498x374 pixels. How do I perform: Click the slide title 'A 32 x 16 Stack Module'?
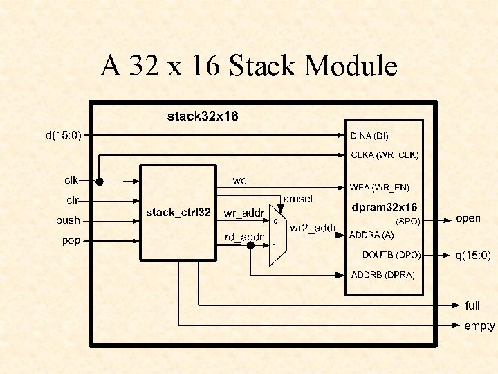pos(249,66)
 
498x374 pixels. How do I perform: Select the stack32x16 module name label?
pos(203,116)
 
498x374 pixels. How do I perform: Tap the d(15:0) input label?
pos(64,135)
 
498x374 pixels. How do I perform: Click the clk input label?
pos(71,181)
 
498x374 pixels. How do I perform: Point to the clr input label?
pos(72,201)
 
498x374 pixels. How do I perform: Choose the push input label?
pos(68,221)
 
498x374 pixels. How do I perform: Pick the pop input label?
pos(71,241)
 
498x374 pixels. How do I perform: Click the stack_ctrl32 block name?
pos(178,213)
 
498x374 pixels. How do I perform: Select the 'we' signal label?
pos(239,181)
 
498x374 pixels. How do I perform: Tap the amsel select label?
pos(297,199)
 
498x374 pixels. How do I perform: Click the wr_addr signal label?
pos(244,213)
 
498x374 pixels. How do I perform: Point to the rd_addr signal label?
pos(244,238)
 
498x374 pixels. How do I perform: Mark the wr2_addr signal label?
pos(313,228)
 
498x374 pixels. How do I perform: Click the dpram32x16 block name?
pos(385,207)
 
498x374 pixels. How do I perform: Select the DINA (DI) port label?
pos(374,136)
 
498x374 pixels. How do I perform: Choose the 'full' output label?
pos(472,305)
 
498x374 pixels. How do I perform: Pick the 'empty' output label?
pos(479,325)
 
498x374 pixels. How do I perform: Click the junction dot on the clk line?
pos(100,181)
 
